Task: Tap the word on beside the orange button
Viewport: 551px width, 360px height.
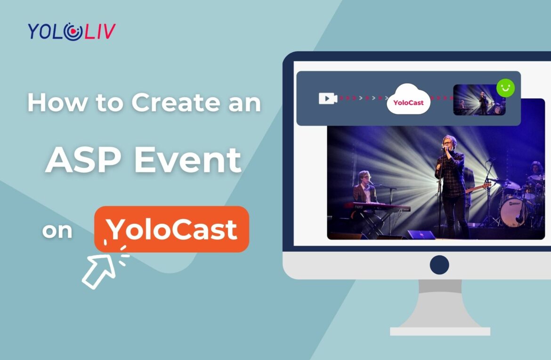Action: [57, 230]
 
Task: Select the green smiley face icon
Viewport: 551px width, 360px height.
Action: [505, 88]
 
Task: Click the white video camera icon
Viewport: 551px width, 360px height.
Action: [327, 98]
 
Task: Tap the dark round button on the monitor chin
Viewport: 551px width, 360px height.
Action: [439, 264]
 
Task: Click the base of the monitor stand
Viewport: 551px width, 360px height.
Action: [440, 331]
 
